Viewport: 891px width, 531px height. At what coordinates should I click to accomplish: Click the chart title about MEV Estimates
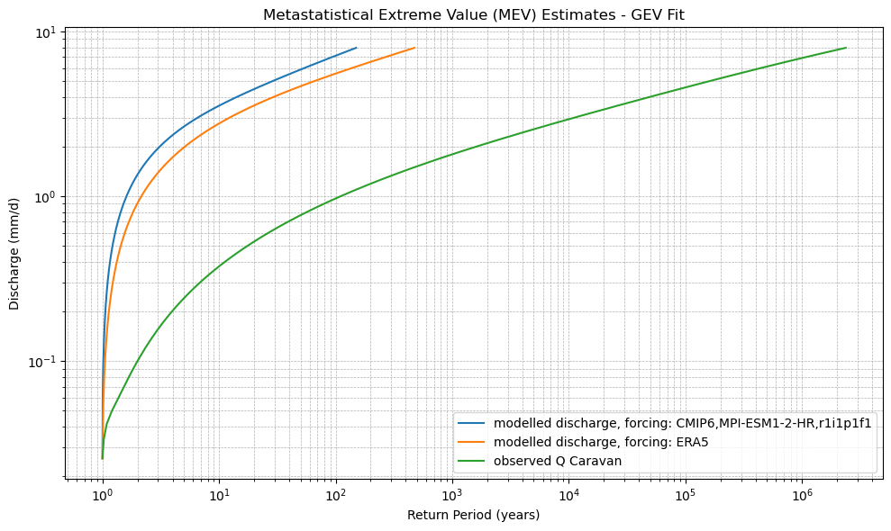(474, 14)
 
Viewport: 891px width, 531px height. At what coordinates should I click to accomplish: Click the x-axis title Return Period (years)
(474, 515)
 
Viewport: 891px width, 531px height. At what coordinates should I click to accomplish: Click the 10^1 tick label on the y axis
(44, 33)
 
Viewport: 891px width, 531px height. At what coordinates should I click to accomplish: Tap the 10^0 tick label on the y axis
(44, 197)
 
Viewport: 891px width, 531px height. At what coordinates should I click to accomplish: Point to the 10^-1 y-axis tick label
(42, 362)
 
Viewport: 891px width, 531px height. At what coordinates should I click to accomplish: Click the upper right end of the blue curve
(357, 48)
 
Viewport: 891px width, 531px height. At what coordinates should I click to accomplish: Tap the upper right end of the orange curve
(414, 48)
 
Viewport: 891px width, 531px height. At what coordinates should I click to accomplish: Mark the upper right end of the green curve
(846, 48)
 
